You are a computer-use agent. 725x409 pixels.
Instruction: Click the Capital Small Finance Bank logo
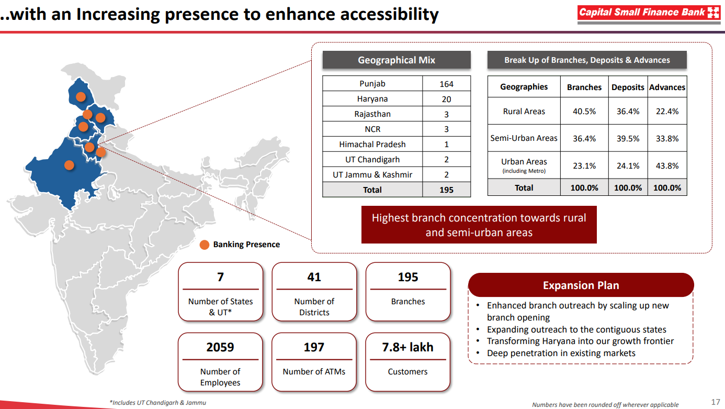point(649,13)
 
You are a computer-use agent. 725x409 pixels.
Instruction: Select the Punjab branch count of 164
point(446,84)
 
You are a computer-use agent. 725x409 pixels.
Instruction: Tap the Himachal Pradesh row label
point(372,144)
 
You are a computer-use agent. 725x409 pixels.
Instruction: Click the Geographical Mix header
point(397,60)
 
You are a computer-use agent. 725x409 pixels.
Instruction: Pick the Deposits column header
point(628,87)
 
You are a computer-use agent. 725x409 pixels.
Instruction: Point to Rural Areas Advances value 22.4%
point(667,112)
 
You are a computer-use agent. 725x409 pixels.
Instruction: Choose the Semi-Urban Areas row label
point(524,138)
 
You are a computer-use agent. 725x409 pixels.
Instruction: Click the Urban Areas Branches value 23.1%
point(584,166)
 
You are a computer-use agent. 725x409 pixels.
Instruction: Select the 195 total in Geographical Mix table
point(446,190)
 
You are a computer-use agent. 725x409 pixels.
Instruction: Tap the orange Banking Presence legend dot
point(205,245)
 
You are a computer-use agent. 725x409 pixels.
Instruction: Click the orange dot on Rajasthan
point(69,165)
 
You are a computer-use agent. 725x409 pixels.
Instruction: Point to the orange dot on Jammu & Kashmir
point(81,96)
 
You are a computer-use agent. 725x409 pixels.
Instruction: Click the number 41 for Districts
point(314,277)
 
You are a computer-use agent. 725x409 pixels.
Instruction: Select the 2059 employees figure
point(220,347)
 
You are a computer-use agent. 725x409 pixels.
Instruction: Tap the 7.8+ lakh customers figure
point(408,347)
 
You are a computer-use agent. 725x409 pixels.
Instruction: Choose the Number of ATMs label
point(314,372)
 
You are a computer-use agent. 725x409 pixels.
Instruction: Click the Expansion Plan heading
point(581,285)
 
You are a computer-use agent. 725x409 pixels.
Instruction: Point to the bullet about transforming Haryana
point(580,341)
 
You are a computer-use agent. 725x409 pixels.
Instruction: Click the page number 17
point(716,402)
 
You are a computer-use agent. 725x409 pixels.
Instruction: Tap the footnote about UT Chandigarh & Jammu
point(157,403)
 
